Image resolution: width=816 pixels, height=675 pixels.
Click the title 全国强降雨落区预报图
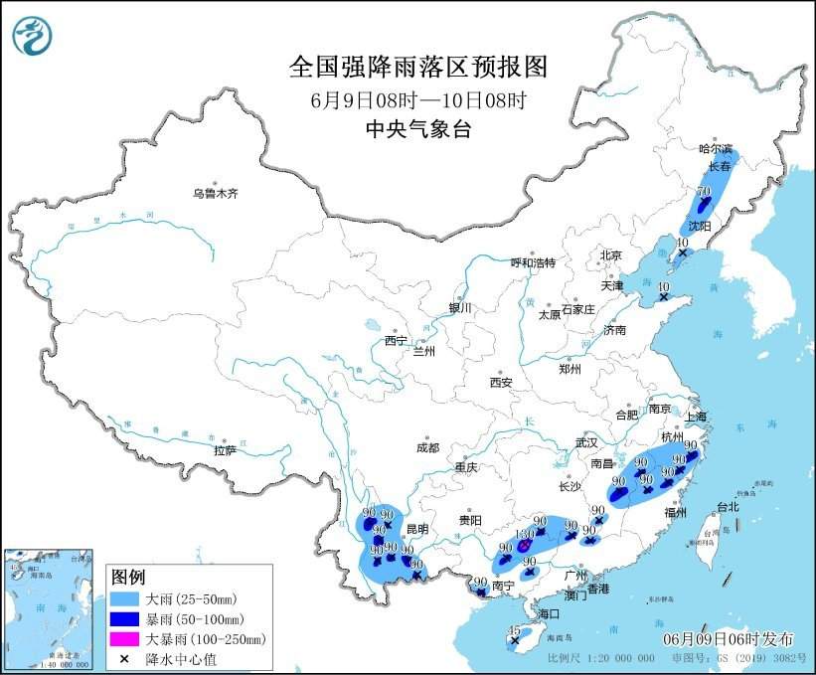coord(417,67)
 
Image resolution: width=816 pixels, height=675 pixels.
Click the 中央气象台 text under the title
coord(417,128)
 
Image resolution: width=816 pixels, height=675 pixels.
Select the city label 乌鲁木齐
coord(216,193)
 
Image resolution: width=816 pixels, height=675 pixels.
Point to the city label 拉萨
coord(225,450)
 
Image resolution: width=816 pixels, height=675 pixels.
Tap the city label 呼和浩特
coord(533,262)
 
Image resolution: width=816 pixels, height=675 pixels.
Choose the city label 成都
coord(427,448)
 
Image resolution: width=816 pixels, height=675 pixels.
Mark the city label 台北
coord(728,506)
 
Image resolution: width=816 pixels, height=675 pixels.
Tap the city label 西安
coord(500,382)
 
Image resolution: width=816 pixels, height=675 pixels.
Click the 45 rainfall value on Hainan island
coord(514,630)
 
